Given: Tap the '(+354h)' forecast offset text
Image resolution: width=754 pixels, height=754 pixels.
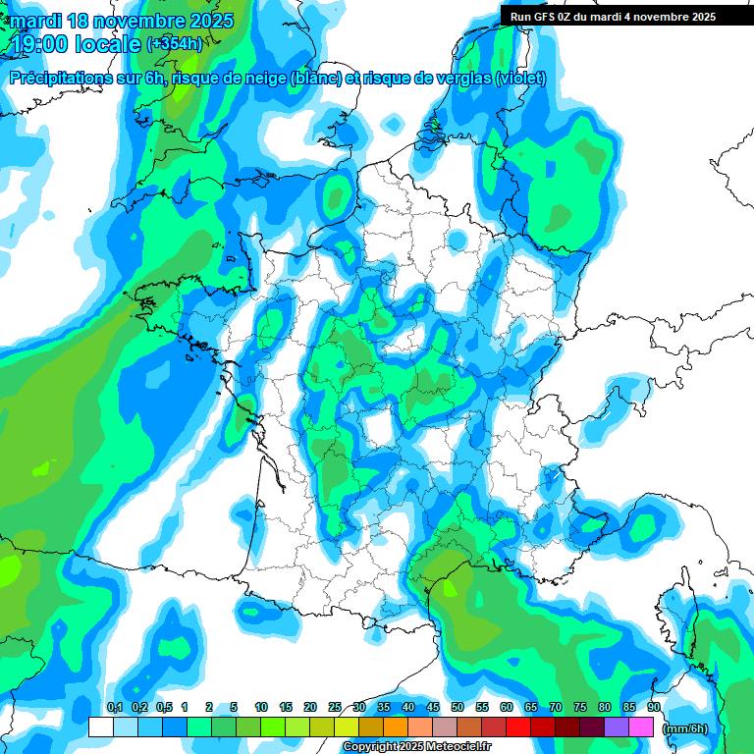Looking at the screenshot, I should (x=175, y=44).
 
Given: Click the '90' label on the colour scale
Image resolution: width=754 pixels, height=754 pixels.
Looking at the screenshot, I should (x=653, y=707).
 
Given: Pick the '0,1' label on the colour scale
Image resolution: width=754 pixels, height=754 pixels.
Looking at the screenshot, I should (x=114, y=707).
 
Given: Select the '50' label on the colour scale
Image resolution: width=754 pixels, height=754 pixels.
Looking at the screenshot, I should (x=457, y=707).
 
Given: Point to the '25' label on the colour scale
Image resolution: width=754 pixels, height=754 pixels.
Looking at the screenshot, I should (x=335, y=707).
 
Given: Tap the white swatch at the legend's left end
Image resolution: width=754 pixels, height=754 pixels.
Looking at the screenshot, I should (x=101, y=727).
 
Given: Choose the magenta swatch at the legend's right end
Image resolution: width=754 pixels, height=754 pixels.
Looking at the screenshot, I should (x=641, y=727).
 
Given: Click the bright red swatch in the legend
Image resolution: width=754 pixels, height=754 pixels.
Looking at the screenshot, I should (x=518, y=727).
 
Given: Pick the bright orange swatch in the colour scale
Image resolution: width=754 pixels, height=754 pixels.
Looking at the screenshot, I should (x=396, y=727).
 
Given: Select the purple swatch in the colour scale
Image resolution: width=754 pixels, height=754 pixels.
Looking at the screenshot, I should (x=617, y=727).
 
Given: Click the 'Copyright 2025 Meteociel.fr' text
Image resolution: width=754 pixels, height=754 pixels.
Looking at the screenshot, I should (x=430, y=747).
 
